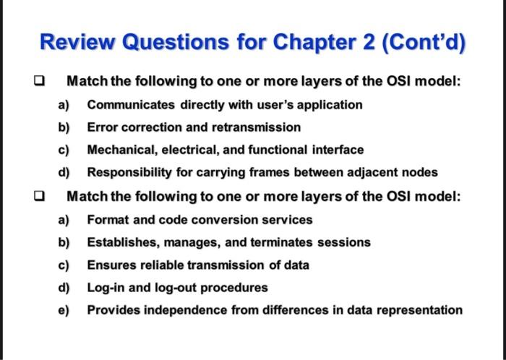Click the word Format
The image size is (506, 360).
tap(106, 219)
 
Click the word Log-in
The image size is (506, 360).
tap(106, 288)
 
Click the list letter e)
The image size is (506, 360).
tap(64, 310)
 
